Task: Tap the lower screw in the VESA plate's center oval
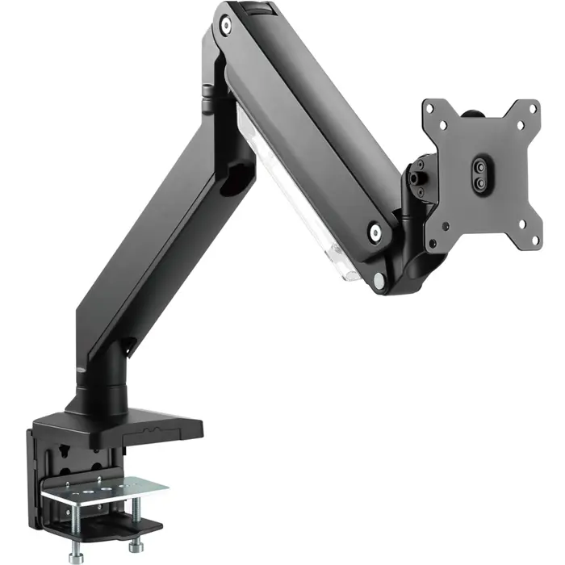pyautogui.click(x=480, y=183)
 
